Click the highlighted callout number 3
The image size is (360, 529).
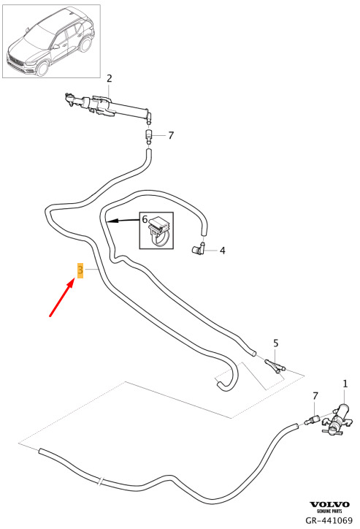(x=80, y=270)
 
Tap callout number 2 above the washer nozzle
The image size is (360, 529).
(x=110, y=78)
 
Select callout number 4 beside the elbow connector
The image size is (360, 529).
(x=222, y=251)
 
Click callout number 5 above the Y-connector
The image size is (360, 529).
(x=276, y=343)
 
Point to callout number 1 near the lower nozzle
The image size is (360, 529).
(x=345, y=384)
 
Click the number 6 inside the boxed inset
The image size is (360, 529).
(x=145, y=220)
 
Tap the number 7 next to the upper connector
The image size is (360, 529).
(x=171, y=136)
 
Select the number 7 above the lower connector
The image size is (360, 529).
(x=315, y=396)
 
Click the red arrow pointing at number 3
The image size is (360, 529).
(x=62, y=297)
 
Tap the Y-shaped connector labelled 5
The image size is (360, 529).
(x=275, y=366)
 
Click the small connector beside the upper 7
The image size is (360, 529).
(x=149, y=136)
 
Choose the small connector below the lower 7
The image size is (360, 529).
(x=312, y=420)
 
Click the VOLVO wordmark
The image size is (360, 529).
(x=329, y=504)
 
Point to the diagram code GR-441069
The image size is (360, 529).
(x=329, y=520)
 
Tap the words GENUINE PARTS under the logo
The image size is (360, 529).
(x=329, y=511)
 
